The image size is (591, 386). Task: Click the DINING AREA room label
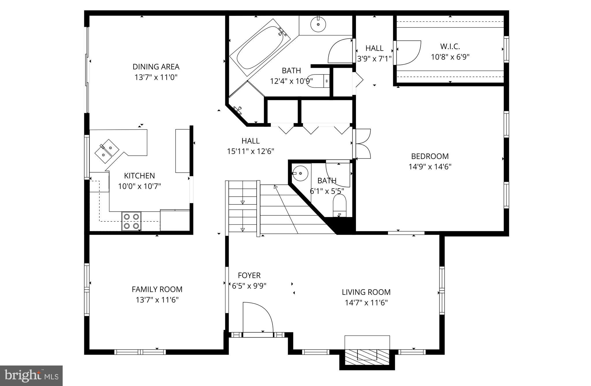click(156, 67)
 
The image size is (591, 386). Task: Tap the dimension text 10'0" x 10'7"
click(139, 186)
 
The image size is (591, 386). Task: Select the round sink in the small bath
click(300, 173)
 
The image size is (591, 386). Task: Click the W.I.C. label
click(450, 46)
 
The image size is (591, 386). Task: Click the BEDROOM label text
click(430, 156)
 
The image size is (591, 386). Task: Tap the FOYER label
click(249, 275)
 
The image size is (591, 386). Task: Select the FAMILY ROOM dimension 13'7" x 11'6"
click(157, 300)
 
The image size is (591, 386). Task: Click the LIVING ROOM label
click(366, 292)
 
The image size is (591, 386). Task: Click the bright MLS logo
click(31, 375)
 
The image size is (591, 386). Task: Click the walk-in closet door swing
click(408, 53)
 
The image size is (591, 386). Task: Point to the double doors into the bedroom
click(362, 144)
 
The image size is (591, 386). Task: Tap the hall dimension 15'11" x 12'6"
click(250, 151)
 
